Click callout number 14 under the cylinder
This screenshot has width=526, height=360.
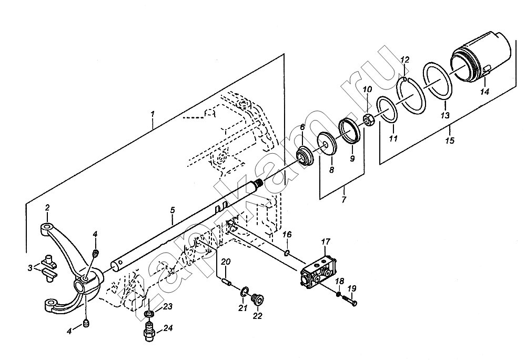click(484, 92)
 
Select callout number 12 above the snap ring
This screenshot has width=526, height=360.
click(405, 61)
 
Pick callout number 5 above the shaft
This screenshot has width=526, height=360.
click(172, 211)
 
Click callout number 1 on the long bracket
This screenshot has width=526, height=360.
click(153, 114)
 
